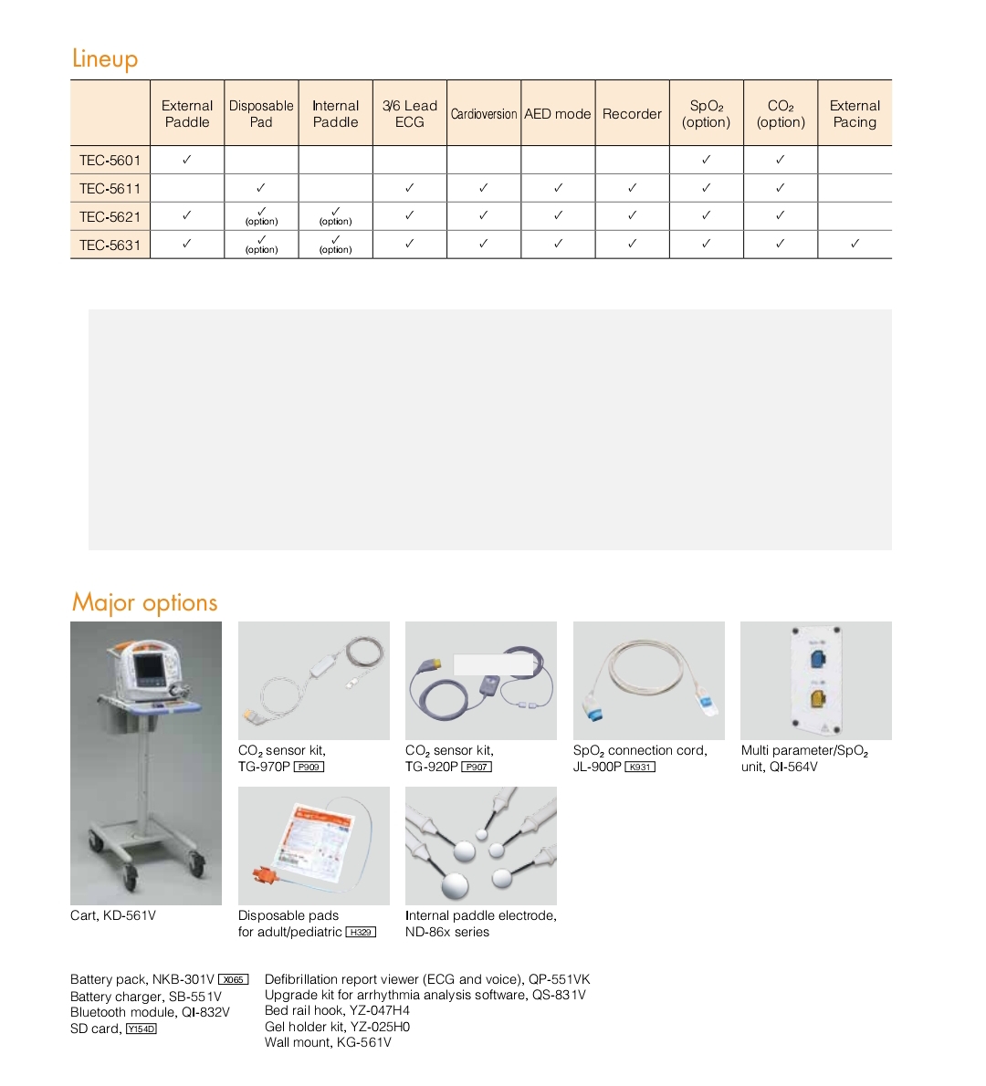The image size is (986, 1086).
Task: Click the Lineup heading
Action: [105, 59]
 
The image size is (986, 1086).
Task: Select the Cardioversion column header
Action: [484, 114]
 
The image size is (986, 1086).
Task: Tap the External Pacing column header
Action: [855, 114]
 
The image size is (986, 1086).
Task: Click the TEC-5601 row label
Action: [110, 161]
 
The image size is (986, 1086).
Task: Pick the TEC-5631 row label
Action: [110, 245]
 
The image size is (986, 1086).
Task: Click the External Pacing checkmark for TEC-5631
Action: [855, 244]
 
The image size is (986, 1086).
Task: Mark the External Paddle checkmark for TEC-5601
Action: [187, 159]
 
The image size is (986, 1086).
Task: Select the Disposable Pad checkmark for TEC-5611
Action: [261, 187]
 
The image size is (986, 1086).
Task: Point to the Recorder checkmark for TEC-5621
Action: [632, 215]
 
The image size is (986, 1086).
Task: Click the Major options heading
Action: [145, 603]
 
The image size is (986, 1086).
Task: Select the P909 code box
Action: [309, 768]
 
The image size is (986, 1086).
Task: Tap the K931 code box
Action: [640, 768]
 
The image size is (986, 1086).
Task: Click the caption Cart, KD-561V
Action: [113, 915]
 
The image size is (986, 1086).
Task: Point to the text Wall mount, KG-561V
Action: [328, 1042]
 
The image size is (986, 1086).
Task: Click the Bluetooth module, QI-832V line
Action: [150, 1012]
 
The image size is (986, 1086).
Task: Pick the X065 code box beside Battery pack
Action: [234, 980]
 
